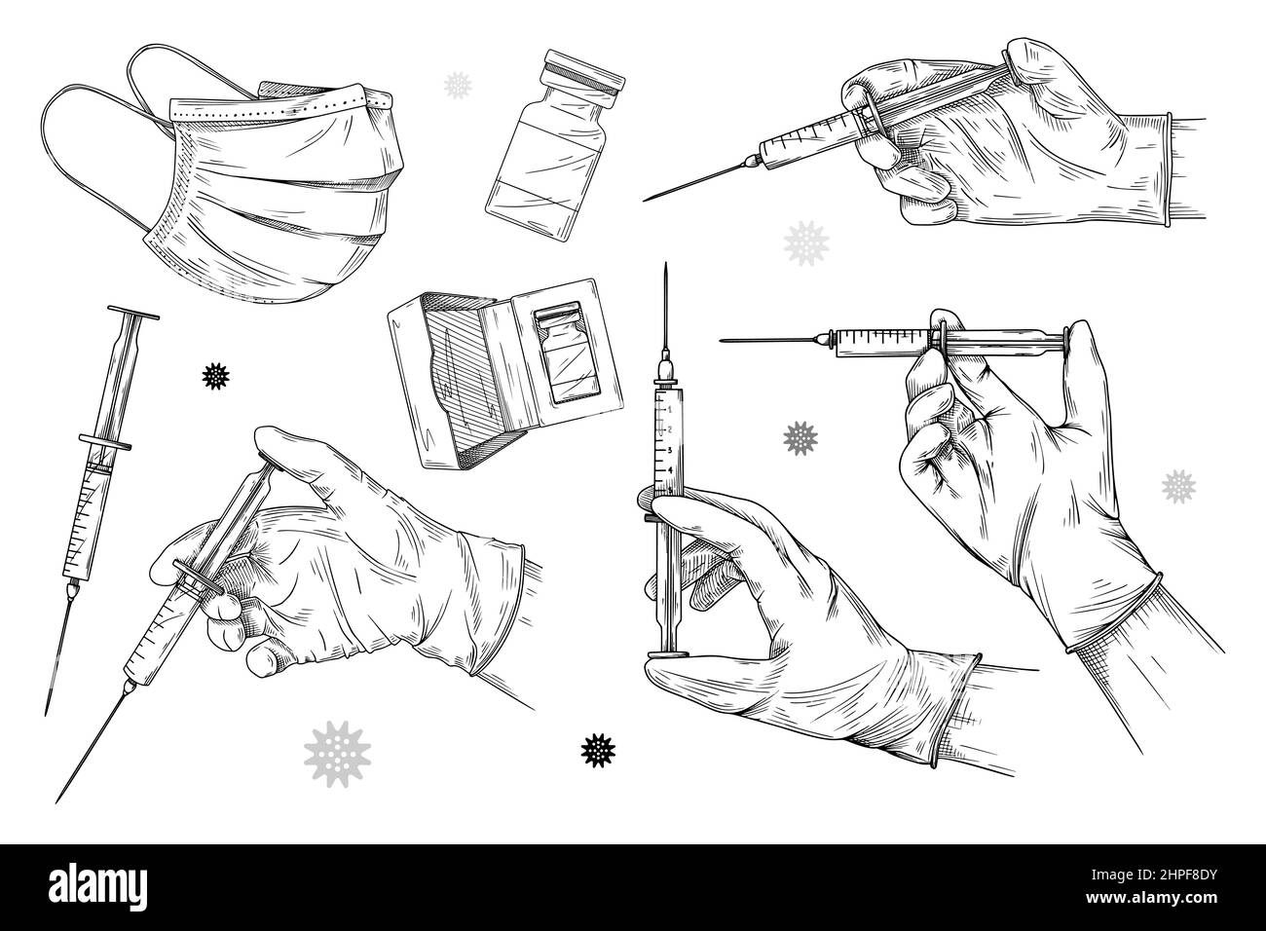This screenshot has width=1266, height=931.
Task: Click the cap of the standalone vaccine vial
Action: point(581,74)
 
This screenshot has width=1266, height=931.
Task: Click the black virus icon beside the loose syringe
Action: point(214,374)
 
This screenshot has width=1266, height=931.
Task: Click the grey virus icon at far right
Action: point(1178,484)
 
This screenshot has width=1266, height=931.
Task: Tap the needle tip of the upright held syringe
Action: point(665,267)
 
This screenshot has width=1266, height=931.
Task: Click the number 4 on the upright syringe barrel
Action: point(670,469)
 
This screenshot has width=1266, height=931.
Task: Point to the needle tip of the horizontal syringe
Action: point(722,340)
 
